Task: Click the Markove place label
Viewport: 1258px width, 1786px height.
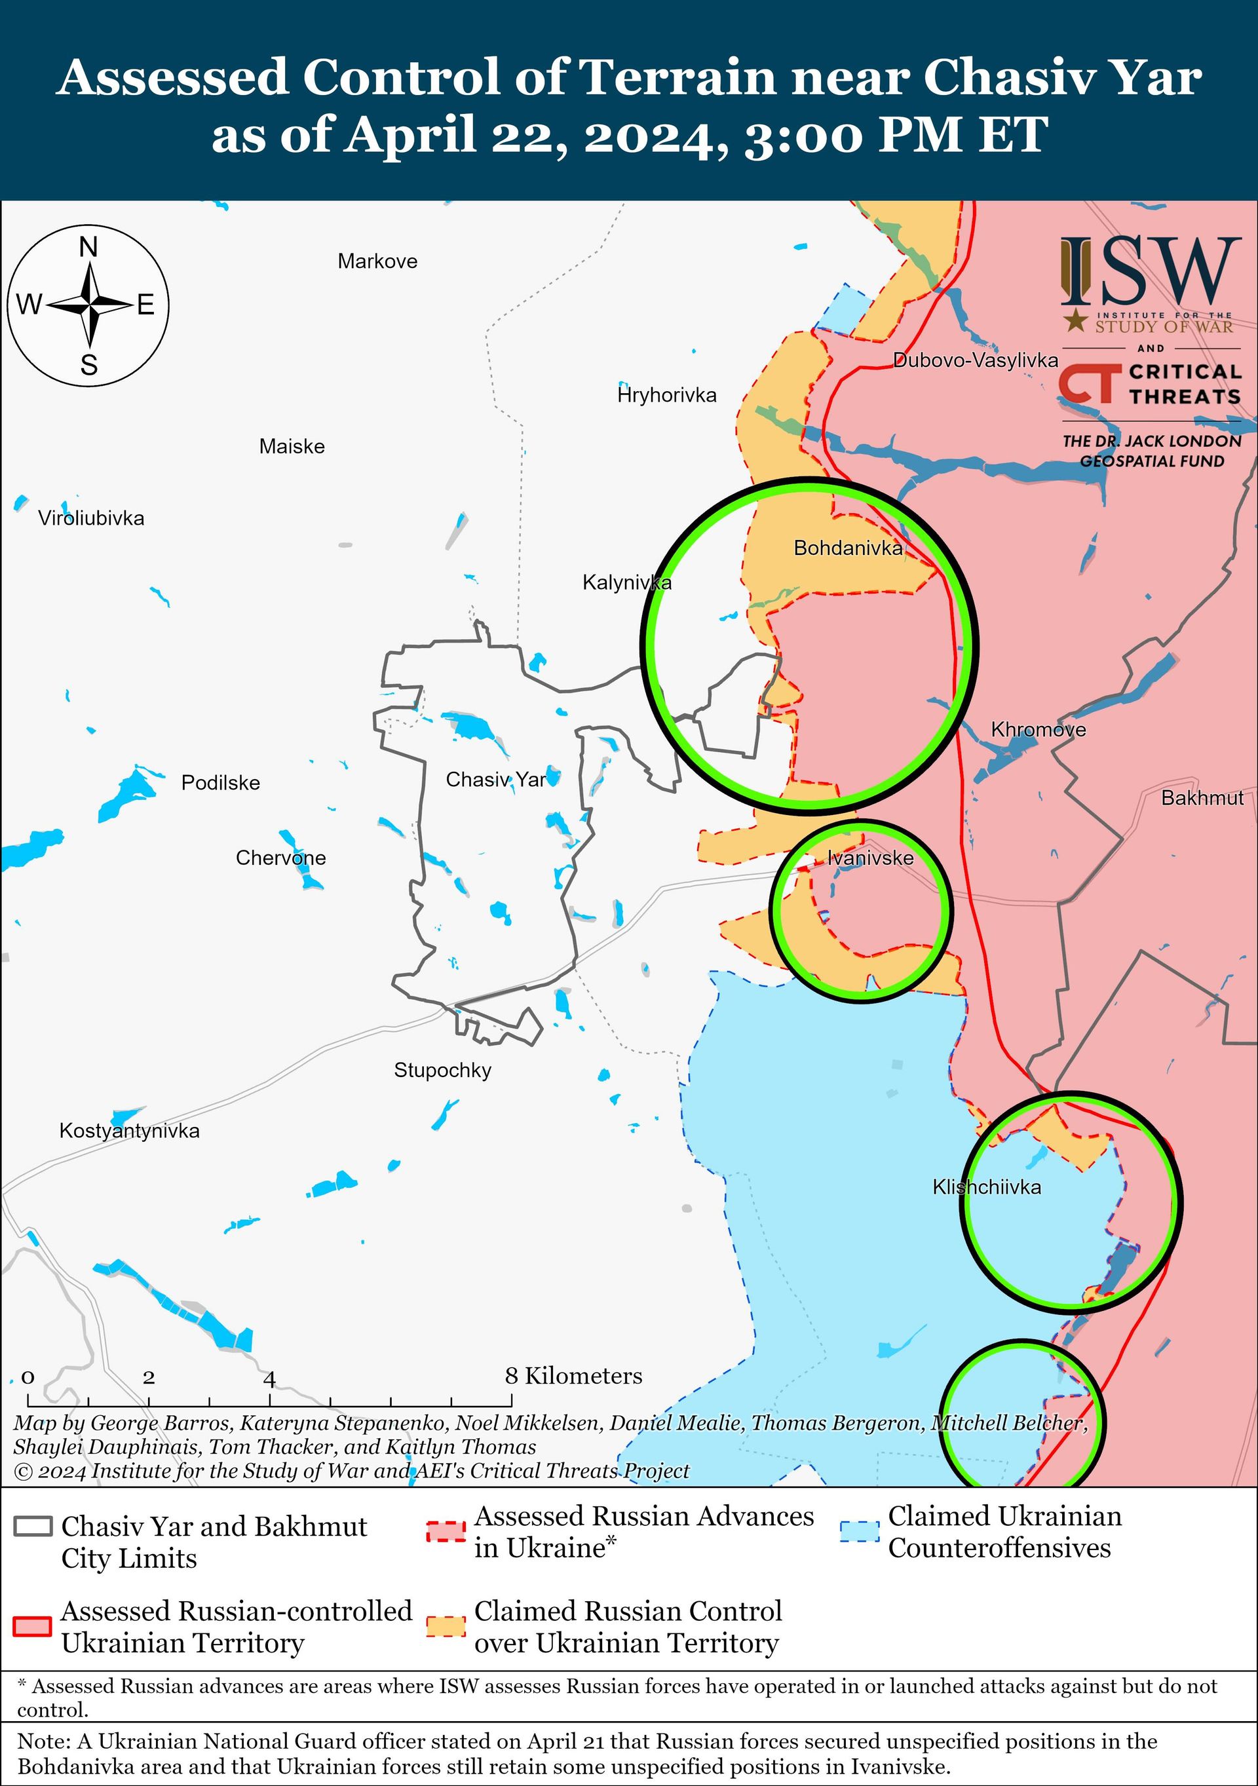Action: (377, 261)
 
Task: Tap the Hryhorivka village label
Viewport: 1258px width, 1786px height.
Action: (667, 395)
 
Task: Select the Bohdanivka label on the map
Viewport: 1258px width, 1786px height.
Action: (848, 548)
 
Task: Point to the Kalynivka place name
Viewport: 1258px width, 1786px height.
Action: (627, 582)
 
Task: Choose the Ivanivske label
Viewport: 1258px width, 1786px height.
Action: (869, 858)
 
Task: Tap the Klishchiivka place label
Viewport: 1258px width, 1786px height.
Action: (987, 1187)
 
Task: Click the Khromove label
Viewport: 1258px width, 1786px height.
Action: (1038, 730)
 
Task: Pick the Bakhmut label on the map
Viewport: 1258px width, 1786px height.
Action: (1202, 798)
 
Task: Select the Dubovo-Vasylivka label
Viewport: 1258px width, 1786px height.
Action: (976, 360)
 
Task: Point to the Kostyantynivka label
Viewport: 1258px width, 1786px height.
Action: (129, 1131)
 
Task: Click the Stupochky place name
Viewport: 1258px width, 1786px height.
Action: (443, 1071)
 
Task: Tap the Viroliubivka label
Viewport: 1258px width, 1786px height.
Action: (92, 518)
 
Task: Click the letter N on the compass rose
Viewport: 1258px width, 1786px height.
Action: (88, 248)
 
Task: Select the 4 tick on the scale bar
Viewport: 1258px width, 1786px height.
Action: (269, 1380)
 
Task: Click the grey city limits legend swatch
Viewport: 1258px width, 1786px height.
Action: (33, 1526)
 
